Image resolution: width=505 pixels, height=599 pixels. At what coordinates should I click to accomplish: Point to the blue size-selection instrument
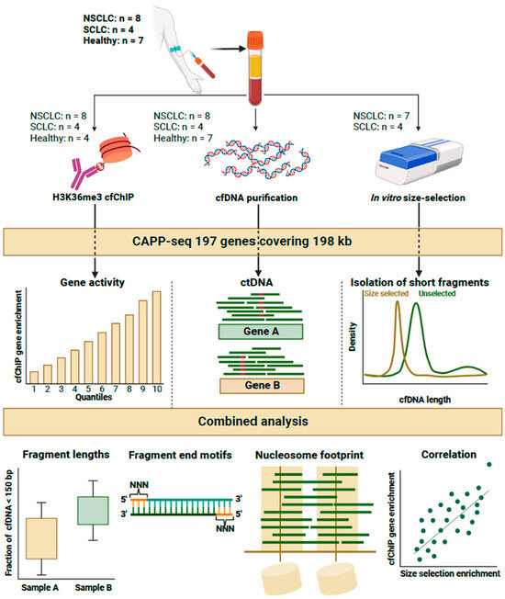tap(423, 156)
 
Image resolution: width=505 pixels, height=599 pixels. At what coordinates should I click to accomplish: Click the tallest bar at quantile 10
tap(156, 336)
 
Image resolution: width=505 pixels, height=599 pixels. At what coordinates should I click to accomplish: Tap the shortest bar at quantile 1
tap(34, 376)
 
